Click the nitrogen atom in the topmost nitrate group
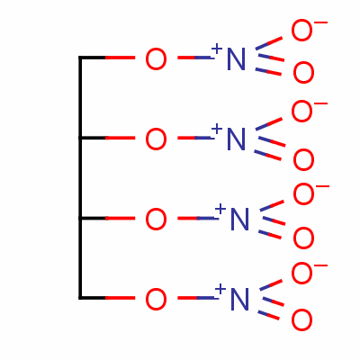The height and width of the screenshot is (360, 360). click(237, 58)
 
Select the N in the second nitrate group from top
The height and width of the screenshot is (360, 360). click(237, 139)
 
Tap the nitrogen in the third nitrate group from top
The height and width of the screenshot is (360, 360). click(239, 219)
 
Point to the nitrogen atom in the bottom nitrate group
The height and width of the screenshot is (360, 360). click(239, 299)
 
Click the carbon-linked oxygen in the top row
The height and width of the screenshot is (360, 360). click(156, 59)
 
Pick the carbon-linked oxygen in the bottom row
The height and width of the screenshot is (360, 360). click(156, 299)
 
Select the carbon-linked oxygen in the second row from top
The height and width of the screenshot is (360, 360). click(156, 139)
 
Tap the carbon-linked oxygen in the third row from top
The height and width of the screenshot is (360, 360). click(156, 220)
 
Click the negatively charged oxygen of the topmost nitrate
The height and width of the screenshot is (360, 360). click(301, 31)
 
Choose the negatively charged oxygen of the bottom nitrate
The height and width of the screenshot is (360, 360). click(301, 273)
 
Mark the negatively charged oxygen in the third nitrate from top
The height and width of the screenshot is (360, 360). click(303, 194)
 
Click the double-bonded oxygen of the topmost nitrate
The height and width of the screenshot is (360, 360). click(303, 73)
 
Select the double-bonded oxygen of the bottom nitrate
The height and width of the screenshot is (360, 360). click(301, 320)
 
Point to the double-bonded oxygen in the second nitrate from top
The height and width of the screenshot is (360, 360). click(303, 160)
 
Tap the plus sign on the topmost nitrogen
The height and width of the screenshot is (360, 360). click(217, 48)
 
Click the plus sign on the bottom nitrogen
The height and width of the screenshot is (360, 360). click(220, 289)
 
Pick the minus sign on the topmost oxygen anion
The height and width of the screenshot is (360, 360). click(320, 22)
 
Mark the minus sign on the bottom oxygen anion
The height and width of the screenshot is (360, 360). click(320, 265)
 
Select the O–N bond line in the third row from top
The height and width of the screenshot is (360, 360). click(197, 218)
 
